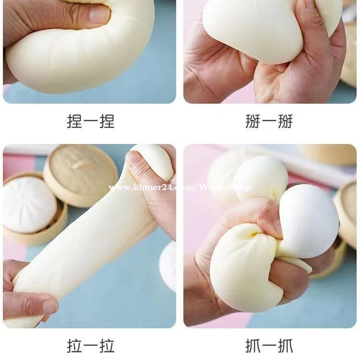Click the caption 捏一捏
[91, 121]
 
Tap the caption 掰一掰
[269, 121]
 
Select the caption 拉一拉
[91, 346]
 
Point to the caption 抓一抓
[269, 346]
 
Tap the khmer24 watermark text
[180, 188]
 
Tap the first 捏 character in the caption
[74, 121]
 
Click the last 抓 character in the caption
[286, 346]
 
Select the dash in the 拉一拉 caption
[91, 347]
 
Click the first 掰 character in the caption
[253, 121]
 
